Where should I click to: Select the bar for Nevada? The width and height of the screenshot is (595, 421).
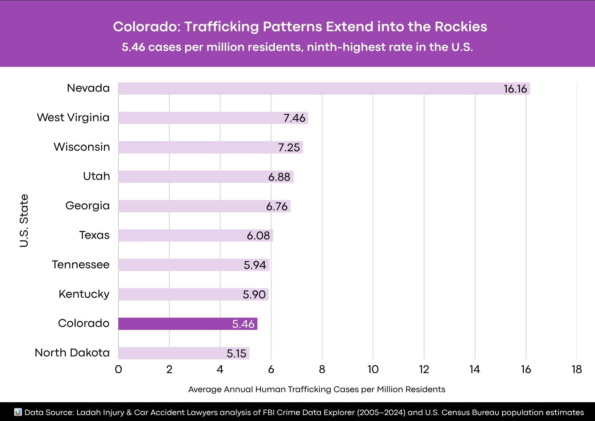pos(297,88)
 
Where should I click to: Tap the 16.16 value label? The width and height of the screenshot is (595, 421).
pos(515,89)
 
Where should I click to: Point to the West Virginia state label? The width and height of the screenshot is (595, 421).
pos(73,118)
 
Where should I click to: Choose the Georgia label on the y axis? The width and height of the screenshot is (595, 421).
pos(87,206)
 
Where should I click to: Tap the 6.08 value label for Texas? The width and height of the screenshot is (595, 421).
pos(258,236)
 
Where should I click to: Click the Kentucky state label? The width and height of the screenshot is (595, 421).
pos(84,294)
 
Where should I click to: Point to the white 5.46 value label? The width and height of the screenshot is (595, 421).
pos(243,324)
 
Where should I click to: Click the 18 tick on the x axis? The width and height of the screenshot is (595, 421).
pos(577,369)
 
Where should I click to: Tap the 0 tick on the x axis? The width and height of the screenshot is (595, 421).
pos(118,369)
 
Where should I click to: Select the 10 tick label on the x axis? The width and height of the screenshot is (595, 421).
pos(373,369)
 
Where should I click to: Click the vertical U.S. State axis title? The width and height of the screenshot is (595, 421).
pos(24,221)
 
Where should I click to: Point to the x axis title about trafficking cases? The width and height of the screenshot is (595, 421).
pos(317,389)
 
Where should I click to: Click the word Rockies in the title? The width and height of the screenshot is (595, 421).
pos(461,27)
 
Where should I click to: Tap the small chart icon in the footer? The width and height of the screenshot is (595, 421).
pos(18,412)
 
